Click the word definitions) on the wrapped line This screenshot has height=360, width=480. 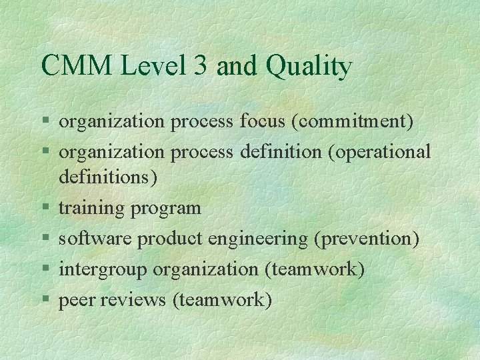(x=108, y=178)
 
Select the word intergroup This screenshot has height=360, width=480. (x=103, y=270)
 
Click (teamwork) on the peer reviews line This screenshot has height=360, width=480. (x=222, y=301)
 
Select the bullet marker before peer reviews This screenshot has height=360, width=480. (x=44, y=300)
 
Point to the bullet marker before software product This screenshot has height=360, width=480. (x=44, y=239)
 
